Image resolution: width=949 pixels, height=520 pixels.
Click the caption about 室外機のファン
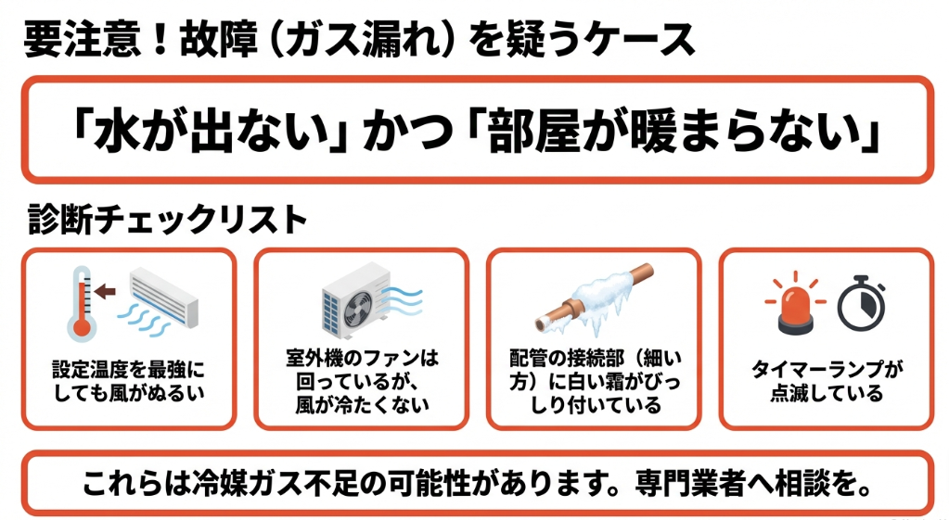[362, 381]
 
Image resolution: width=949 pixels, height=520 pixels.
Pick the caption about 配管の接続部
[595, 381]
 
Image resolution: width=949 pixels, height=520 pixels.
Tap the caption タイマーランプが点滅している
[827, 381]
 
